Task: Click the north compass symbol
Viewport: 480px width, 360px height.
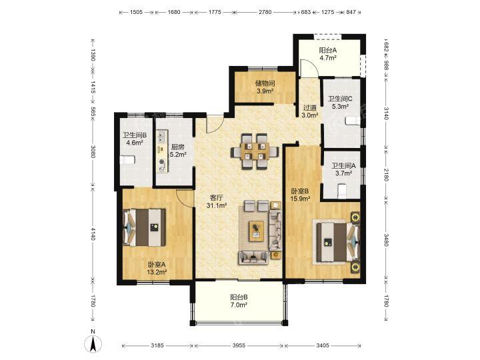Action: (x=93, y=342)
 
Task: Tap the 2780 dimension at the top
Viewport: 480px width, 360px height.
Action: (x=265, y=12)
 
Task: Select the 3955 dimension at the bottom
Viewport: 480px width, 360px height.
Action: (x=239, y=345)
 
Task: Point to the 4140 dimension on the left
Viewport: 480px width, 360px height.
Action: (x=93, y=233)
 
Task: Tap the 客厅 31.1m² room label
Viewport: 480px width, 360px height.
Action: (x=217, y=201)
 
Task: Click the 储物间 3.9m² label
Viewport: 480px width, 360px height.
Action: (x=265, y=87)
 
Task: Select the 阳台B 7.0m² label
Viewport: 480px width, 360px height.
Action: (x=239, y=301)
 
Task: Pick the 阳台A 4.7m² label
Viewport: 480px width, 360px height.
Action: (x=328, y=54)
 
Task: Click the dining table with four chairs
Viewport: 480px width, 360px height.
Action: (x=255, y=151)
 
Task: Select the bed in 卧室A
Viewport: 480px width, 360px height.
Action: (x=144, y=227)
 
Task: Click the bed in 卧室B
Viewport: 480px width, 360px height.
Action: (x=337, y=242)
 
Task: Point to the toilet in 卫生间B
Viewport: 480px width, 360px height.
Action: (x=127, y=160)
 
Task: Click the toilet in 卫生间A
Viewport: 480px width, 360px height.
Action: (x=341, y=191)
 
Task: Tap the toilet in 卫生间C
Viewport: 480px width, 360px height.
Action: (x=353, y=121)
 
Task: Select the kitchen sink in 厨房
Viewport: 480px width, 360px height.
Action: (x=162, y=137)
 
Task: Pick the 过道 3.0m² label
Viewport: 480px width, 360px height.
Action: (x=310, y=111)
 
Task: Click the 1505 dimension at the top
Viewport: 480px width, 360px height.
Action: (x=137, y=12)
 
